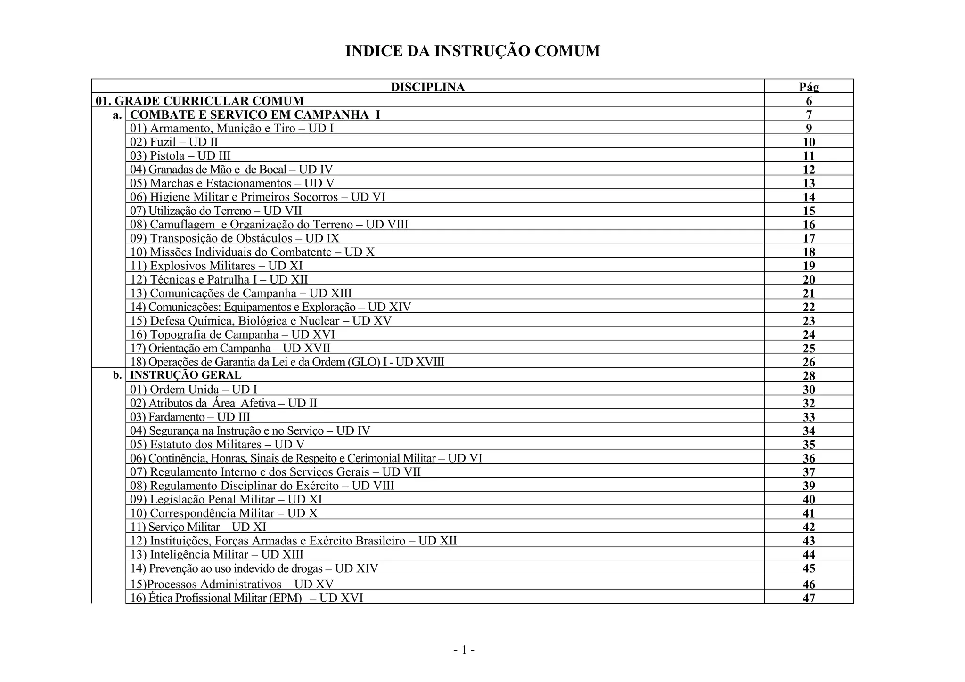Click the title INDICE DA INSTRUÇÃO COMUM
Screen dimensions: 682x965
[473, 51]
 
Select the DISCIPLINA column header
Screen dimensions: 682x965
[427, 87]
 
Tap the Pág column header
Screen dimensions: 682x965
[809, 87]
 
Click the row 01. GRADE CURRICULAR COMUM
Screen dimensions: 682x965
[200, 101]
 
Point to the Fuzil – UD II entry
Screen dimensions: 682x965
[174, 142]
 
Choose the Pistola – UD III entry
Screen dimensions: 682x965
[180, 156]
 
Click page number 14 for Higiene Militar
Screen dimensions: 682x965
[809, 197]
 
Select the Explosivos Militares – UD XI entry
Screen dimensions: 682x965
[216, 266]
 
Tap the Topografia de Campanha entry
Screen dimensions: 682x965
[232, 334]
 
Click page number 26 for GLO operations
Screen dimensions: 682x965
[809, 362]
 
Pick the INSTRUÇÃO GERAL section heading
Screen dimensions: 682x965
[186, 375]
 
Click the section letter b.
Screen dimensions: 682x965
[117, 375]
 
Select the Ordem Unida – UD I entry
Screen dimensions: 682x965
[194, 390]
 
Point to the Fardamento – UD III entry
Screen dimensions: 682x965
[190, 417]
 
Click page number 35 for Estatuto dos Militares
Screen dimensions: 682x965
[809, 445]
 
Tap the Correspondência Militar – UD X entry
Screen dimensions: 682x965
[224, 513]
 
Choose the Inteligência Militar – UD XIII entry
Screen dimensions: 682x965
[217, 554]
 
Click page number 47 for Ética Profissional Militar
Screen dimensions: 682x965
[809, 598]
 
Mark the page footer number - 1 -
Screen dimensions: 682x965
[464, 650]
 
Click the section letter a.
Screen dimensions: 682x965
[117, 115]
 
